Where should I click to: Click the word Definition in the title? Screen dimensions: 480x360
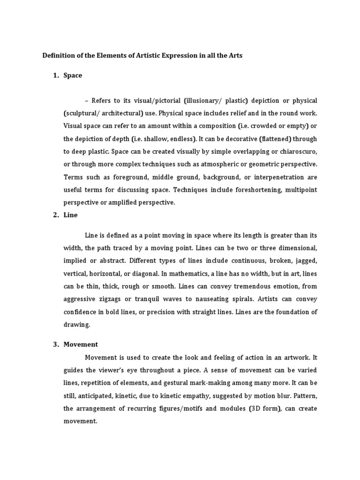coord(59,55)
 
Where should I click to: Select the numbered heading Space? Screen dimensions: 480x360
coord(73,75)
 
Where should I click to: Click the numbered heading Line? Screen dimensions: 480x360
coord(71,215)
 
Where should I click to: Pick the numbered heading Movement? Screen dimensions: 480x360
coord(81,345)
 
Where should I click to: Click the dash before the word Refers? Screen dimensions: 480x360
coord(87,101)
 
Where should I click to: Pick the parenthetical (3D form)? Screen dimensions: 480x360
coord(263,408)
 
